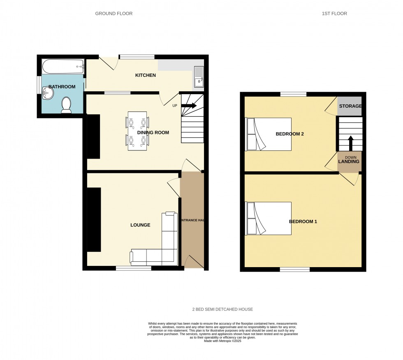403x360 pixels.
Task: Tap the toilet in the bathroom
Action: click(x=66, y=105)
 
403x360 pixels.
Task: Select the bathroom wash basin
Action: click(x=48, y=94)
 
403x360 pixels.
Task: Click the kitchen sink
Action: click(x=199, y=77)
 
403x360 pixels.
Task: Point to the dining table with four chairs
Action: click(x=137, y=131)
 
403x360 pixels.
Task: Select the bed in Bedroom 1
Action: click(x=268, y=218)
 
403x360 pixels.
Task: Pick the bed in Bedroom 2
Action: click(x=268, y=134)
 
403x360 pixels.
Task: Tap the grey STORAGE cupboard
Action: click(x=350, y=106)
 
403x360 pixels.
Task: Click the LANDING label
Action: click(x=349, y=162)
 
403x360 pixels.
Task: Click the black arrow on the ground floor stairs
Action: click(x=189, y=106)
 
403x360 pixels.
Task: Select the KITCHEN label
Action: click(x=146, y=75)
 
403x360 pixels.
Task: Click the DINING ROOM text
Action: click(x=153, y=133)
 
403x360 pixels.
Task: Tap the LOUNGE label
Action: click(x=140, y=225)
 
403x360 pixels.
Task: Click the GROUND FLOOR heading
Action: click(x=114, y=14)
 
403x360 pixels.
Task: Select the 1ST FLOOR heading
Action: click(x=334, y=14)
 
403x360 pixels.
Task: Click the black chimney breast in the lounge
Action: click(x=94, y=219)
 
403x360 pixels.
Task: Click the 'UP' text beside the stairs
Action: click(x=175, y=106)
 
